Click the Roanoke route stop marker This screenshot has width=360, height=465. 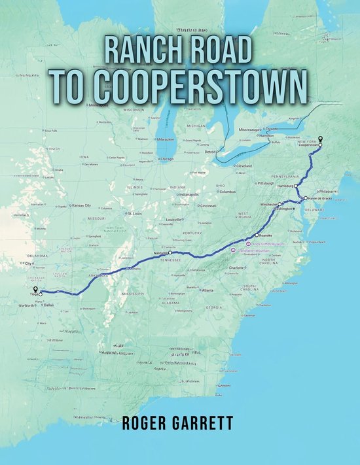click(257, 235)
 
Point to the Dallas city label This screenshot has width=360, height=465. click(49, 305)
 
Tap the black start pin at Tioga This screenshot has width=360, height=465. click(35, 288)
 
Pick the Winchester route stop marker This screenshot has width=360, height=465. click(279, 205)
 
